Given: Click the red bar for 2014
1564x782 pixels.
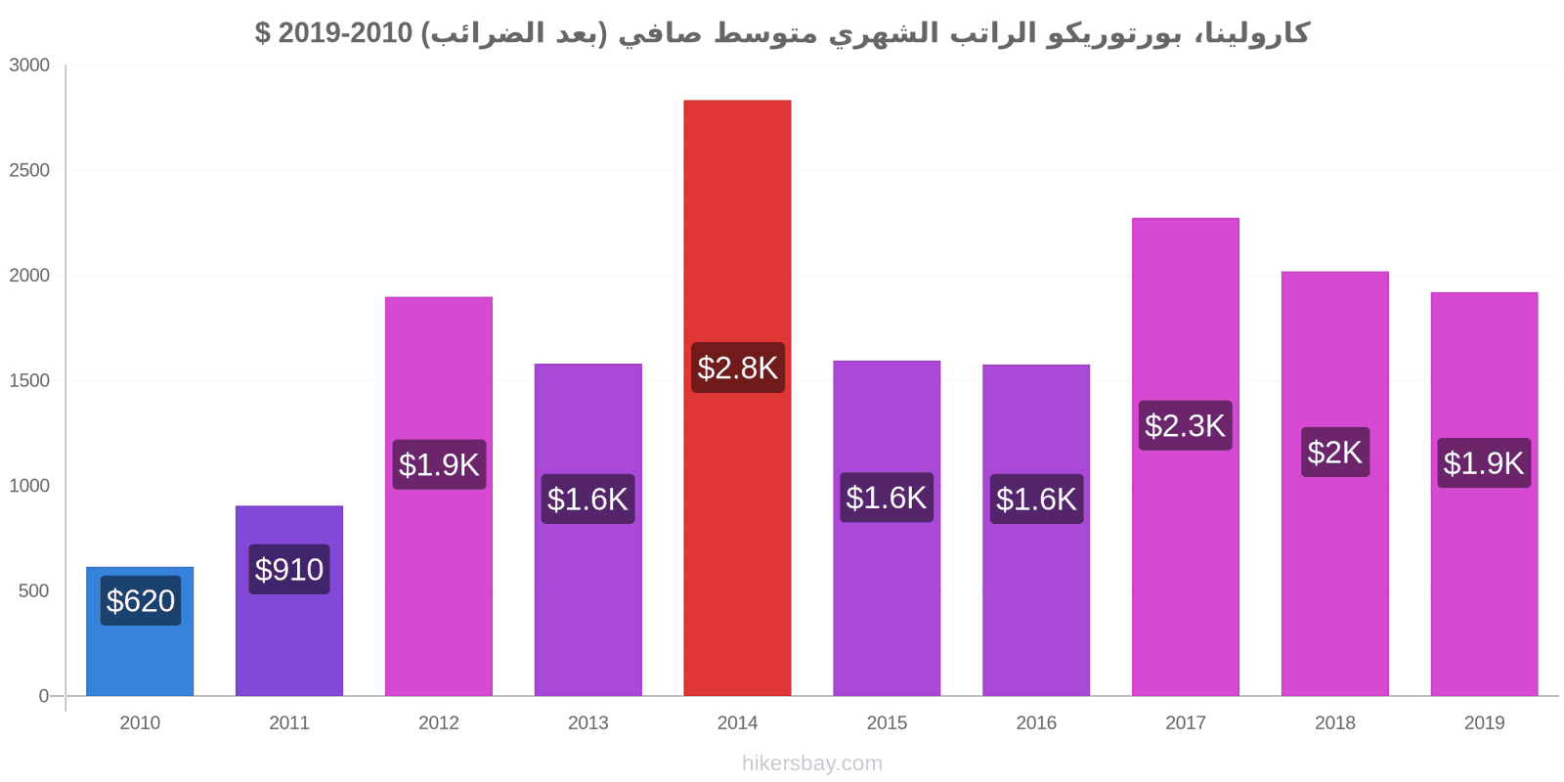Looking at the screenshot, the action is click(737, 398).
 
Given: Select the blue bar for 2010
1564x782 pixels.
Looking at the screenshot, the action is click(140, 631).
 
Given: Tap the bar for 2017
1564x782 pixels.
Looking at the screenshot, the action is click(1186, 456).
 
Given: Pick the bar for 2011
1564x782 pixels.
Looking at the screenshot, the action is click(289, 600).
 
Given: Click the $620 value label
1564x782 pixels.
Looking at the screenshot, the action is click(141, 600).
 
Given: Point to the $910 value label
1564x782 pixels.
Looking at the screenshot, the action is click(289, 569).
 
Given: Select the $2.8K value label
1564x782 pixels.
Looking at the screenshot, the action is click(738, 368).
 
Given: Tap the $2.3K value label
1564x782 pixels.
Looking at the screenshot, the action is click(1186, 425).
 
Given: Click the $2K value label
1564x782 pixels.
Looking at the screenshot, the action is click(1335, 452).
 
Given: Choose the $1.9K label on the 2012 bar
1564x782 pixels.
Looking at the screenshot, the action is click(439, 464).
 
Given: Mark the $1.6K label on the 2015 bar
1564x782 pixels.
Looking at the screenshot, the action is click(887, 498).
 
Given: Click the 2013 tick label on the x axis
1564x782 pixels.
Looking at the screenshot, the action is click(587, 722).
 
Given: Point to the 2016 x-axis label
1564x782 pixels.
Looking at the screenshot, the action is click(1036, 722).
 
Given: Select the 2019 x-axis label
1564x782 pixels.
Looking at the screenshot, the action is click(1485, 722).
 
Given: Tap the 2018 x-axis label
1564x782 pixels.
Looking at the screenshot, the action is click(1335, 722).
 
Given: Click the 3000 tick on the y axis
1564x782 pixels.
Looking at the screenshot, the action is click(29, 65).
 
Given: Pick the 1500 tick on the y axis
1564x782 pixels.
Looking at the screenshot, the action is click(29, 380).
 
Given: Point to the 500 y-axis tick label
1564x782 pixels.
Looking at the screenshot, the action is click(34, 590).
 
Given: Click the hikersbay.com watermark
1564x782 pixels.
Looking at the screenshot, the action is click(812, 762).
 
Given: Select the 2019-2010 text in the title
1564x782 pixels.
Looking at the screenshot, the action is click(345, 33).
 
